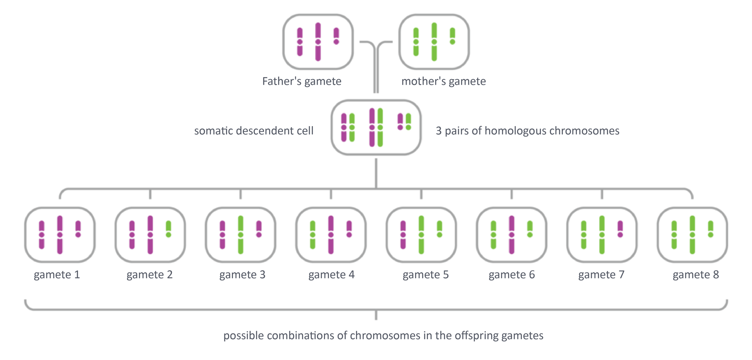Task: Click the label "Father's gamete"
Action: pos(302,81)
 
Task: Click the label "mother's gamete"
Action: pos(443,81)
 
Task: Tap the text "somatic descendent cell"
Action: pos(254,130)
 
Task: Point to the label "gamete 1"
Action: pos(57,275)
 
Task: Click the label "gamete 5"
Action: pos(425,275)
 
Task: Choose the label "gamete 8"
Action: pos(696,275)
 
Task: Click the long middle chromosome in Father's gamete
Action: pos(318,42)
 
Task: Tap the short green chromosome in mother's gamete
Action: pos(452,36)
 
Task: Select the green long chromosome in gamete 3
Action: pos(240,235)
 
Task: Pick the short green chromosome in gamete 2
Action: pos(168,229)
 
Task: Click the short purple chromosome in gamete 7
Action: pos(620,229)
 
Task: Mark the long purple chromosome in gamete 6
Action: pos(512,235)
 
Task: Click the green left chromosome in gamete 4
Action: pos(313,235)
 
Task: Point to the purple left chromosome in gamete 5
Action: pos(403,235)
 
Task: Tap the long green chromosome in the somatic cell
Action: pos(380,127)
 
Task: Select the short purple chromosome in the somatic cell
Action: pos(400,122)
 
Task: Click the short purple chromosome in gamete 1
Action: pos(78,229)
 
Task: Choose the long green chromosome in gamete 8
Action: pos(692,235)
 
